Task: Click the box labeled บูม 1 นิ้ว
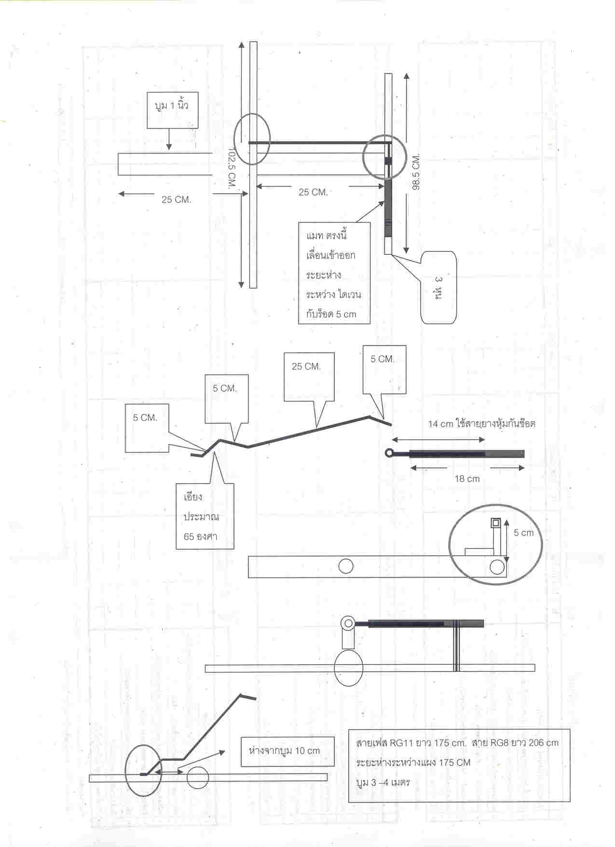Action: [x=172, y=110]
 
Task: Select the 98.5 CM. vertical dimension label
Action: [x=416, y=171]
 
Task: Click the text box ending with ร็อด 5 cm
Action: [x=334, y=273]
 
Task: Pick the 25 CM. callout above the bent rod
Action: [x=309, y=377]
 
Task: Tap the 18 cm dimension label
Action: [x=467, y=479]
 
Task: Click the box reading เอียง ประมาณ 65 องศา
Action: [x=204, y=516]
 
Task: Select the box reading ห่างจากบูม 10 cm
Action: [x=287, y=751]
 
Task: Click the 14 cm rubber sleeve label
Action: [x=481, y=424]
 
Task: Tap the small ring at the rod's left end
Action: [x=389, y=453]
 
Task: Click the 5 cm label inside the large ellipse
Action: [x=523, y=533]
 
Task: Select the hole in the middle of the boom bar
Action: [x=345, y=566]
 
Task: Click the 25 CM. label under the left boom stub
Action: [x=176, y=200]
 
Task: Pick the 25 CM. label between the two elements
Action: [x=313, y=192]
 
